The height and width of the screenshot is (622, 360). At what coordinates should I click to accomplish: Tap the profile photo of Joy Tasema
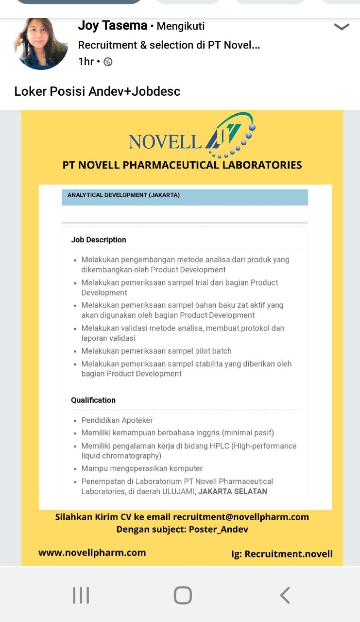[x=41, y=44]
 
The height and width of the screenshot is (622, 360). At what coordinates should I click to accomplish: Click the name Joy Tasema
[x=112, y=26]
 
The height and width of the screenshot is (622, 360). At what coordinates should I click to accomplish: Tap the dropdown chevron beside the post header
[x=342, y=27]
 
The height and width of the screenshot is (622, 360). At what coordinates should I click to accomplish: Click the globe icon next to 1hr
[x=108, y=62]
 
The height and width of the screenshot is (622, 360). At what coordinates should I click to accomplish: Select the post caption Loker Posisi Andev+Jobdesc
[x=97, y=91]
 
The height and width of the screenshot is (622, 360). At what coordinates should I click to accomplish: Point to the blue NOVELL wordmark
[x=165, y=141]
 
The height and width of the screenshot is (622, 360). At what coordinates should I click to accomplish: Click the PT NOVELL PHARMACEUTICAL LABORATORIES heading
[x=182, y=165]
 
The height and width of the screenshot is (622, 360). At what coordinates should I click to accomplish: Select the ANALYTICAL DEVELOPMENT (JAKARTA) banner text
[x=123, y=195]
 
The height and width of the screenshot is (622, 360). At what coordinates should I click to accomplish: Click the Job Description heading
[x=99, y=240]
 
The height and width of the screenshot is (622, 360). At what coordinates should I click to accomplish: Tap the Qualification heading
[x=93, y=400]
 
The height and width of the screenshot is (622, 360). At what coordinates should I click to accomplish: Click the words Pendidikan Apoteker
[x=117, y=420]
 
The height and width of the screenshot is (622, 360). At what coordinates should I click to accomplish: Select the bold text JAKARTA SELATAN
[x=233, y=491]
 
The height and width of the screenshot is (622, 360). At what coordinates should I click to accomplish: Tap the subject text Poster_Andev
[x=218, y=530]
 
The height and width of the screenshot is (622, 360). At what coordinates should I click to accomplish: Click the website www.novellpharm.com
[x=92, y=553]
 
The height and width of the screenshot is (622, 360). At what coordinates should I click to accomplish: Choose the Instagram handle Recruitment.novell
[x=289, y=554]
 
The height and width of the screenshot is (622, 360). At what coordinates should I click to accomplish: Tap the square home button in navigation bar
[x=183, y=595]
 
